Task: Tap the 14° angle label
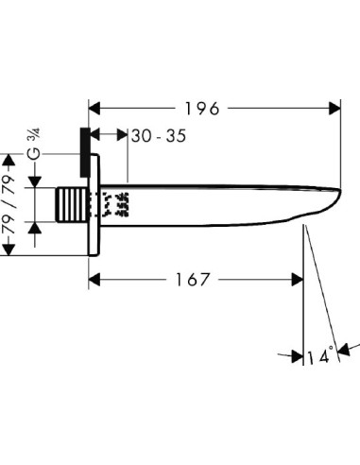[321, 357]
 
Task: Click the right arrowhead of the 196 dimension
[334, 109]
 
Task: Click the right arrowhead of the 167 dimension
[297, 280]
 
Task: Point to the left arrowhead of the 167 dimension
[94, 280]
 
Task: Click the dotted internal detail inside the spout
[117, 203]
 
